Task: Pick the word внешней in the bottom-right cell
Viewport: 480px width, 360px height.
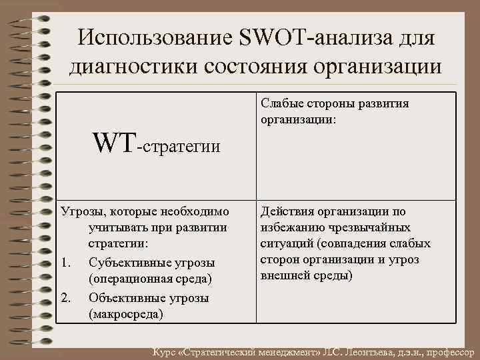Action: click(x=283, y=276)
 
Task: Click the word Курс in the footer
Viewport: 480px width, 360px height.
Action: click(x=165, y=351)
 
